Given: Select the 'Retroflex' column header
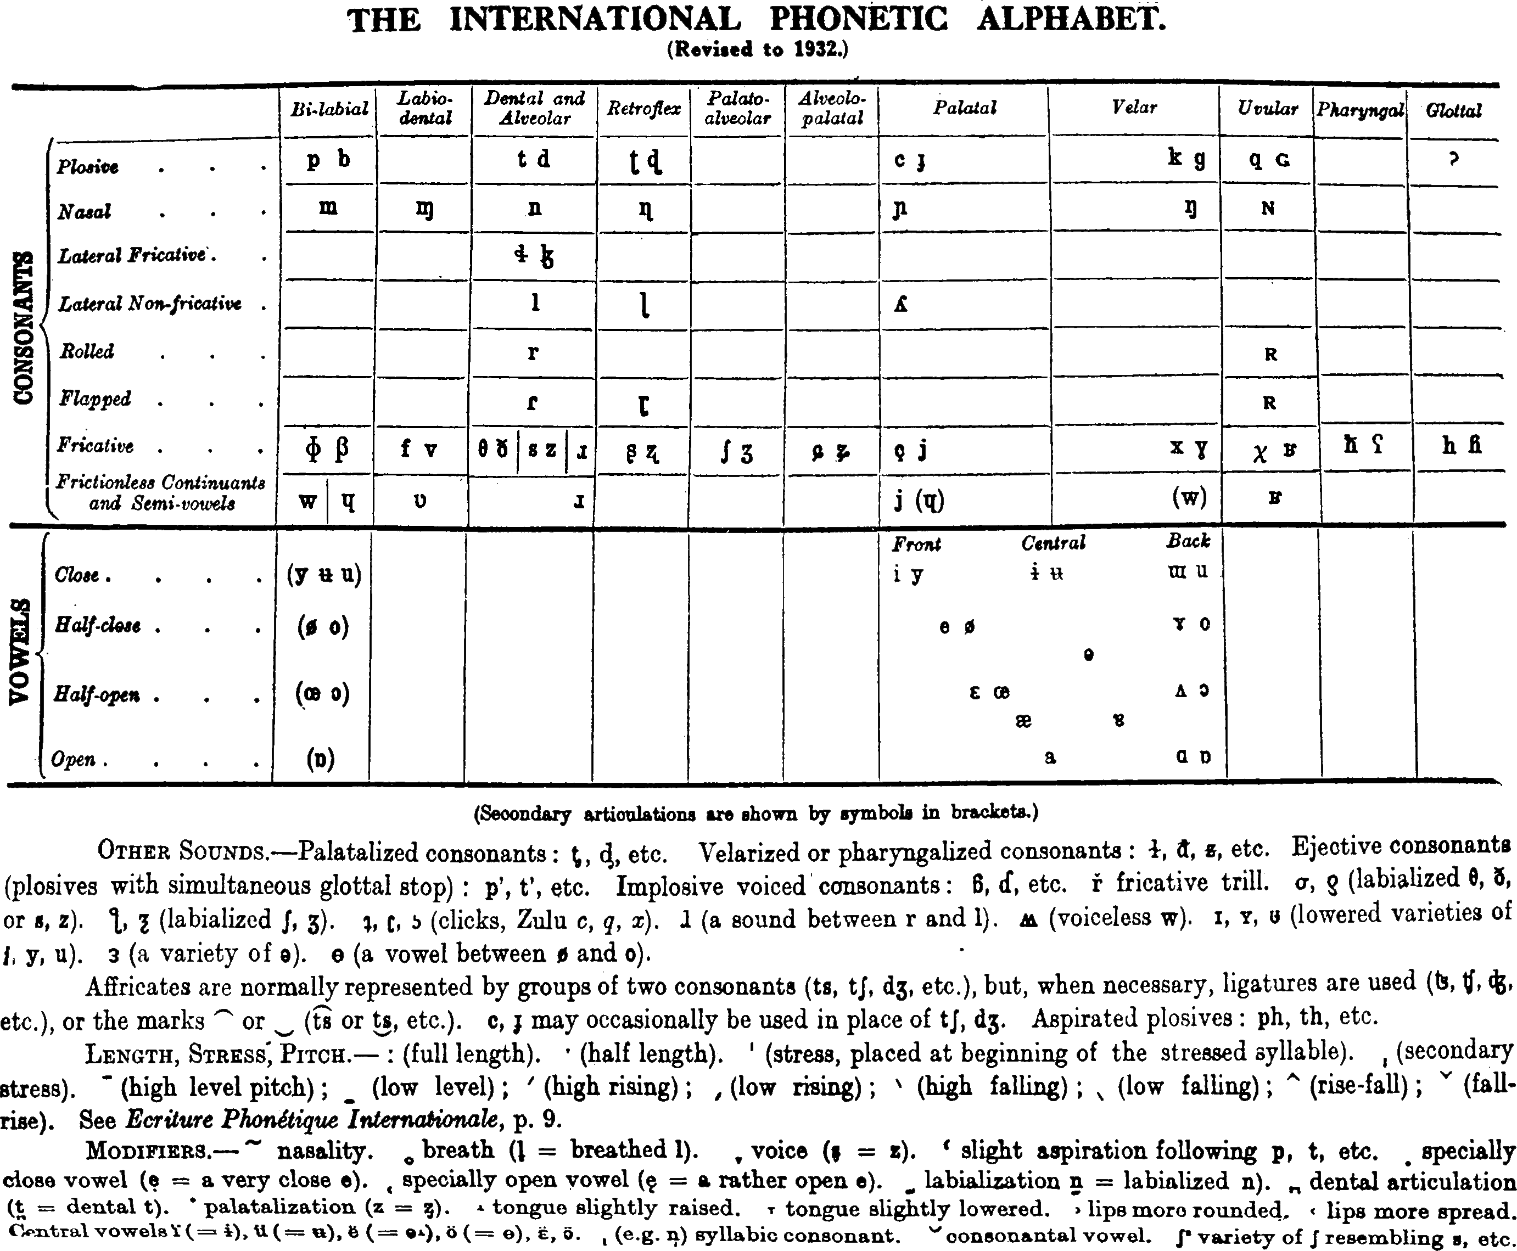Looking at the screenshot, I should pos(643,108).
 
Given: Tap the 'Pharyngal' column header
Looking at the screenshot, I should pos(1360,110).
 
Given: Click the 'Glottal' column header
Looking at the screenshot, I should pos(1453,110).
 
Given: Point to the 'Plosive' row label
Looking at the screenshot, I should pos(88,166).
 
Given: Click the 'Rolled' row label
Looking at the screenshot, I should pos(87,352).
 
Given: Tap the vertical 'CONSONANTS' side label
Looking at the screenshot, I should pos(25,328).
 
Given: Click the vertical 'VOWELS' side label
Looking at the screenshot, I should pos(21,652).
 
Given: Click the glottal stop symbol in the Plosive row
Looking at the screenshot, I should pos(1453,159).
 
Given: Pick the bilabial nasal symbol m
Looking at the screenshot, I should pos(328,207).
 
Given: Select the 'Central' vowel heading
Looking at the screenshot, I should pos(1053,543).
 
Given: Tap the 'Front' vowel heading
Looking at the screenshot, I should pos(917,544).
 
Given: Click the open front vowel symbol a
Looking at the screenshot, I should pos(1050,758).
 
